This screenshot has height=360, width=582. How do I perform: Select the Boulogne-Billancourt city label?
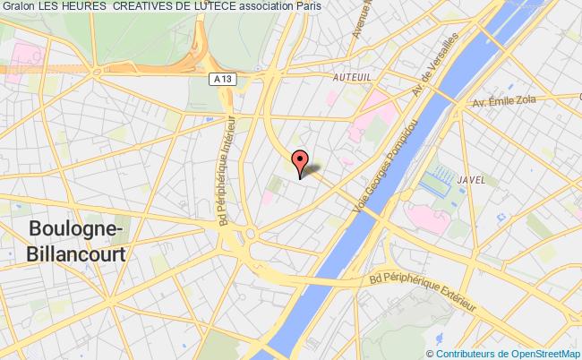tap(75, 239)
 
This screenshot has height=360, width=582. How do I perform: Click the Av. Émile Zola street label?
tap(506, 99)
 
